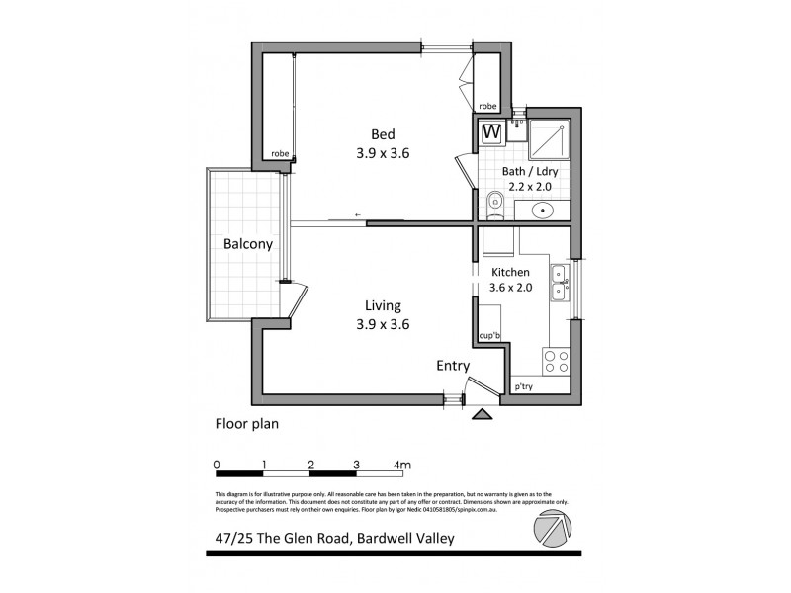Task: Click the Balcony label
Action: coord(247,243)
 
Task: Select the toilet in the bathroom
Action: coord(495,205)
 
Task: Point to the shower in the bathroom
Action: coord(546,140)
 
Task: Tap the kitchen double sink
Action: coord(559,283)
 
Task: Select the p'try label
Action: coord(524,386)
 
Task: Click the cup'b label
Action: coord(489,336)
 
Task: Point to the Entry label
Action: coord(453,366)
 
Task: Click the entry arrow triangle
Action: coord(483,415)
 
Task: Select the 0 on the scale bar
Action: coord(217,464)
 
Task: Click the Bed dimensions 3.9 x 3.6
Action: coord(382,153)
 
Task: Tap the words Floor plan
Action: coord(247,425)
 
